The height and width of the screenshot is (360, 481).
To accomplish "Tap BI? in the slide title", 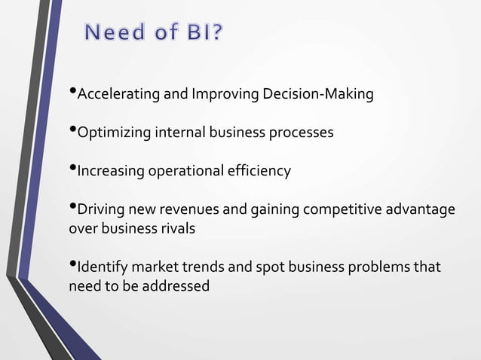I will [x=201, y=34].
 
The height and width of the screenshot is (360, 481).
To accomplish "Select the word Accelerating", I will [x=115, y=95].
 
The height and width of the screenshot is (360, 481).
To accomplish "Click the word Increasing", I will [x=111, y=171].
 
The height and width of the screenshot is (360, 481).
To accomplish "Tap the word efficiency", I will [x=261, y=171].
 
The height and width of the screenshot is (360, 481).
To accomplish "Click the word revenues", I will [x=185, y=209].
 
